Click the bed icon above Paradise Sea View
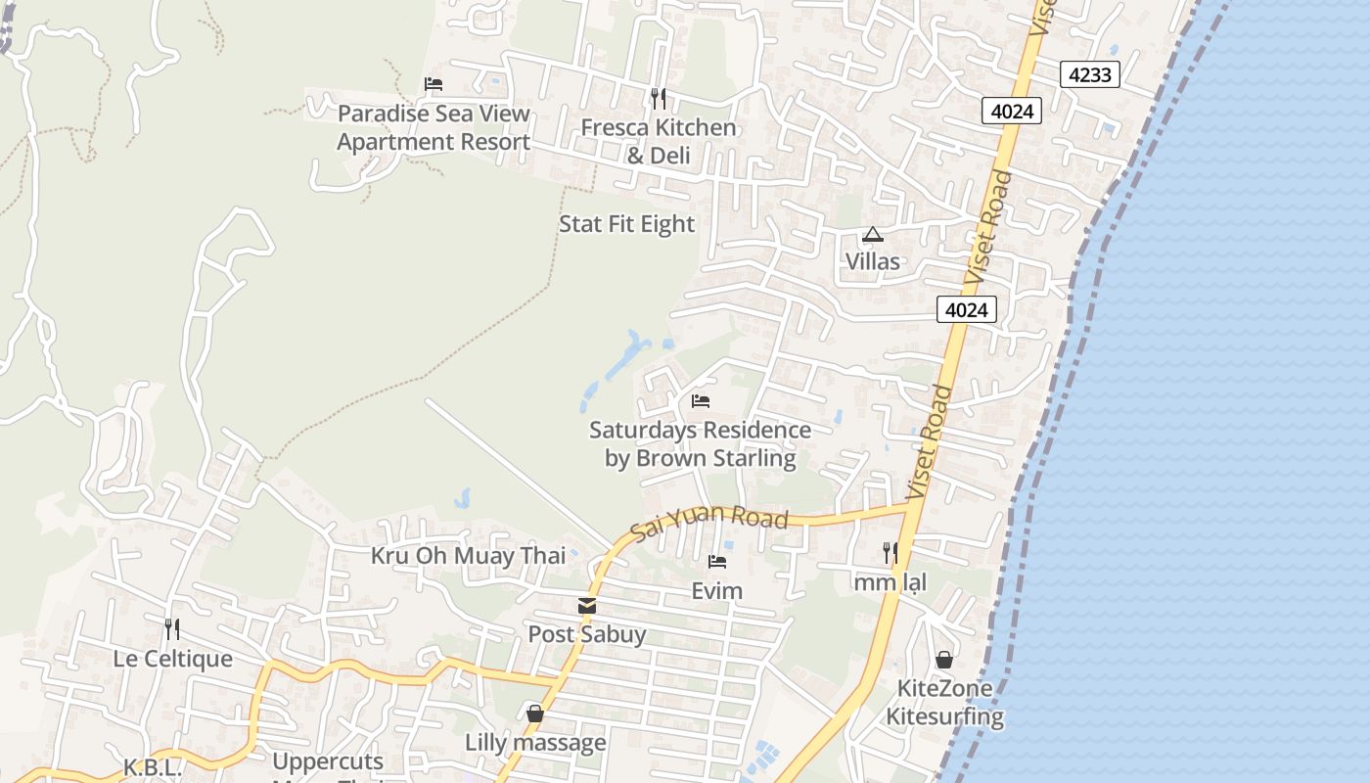pos(434,84)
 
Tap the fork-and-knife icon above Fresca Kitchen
pos(659,98)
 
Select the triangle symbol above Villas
pos(872,234)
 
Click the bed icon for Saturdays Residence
pos(700,401)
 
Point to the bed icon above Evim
pos(717,562)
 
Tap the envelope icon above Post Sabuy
pos(587,606)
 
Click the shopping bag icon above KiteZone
pos(944,660)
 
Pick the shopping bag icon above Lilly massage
pos(535,714)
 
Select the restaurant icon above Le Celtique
pos(172,628)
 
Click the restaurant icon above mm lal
pos(890,553)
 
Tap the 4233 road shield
pos(1089,74)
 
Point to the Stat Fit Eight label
pos(626,224)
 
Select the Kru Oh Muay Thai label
pos(468,556)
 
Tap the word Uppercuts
pos(328,761)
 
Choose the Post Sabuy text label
pos(587,634)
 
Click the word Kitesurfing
pos(945,716)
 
